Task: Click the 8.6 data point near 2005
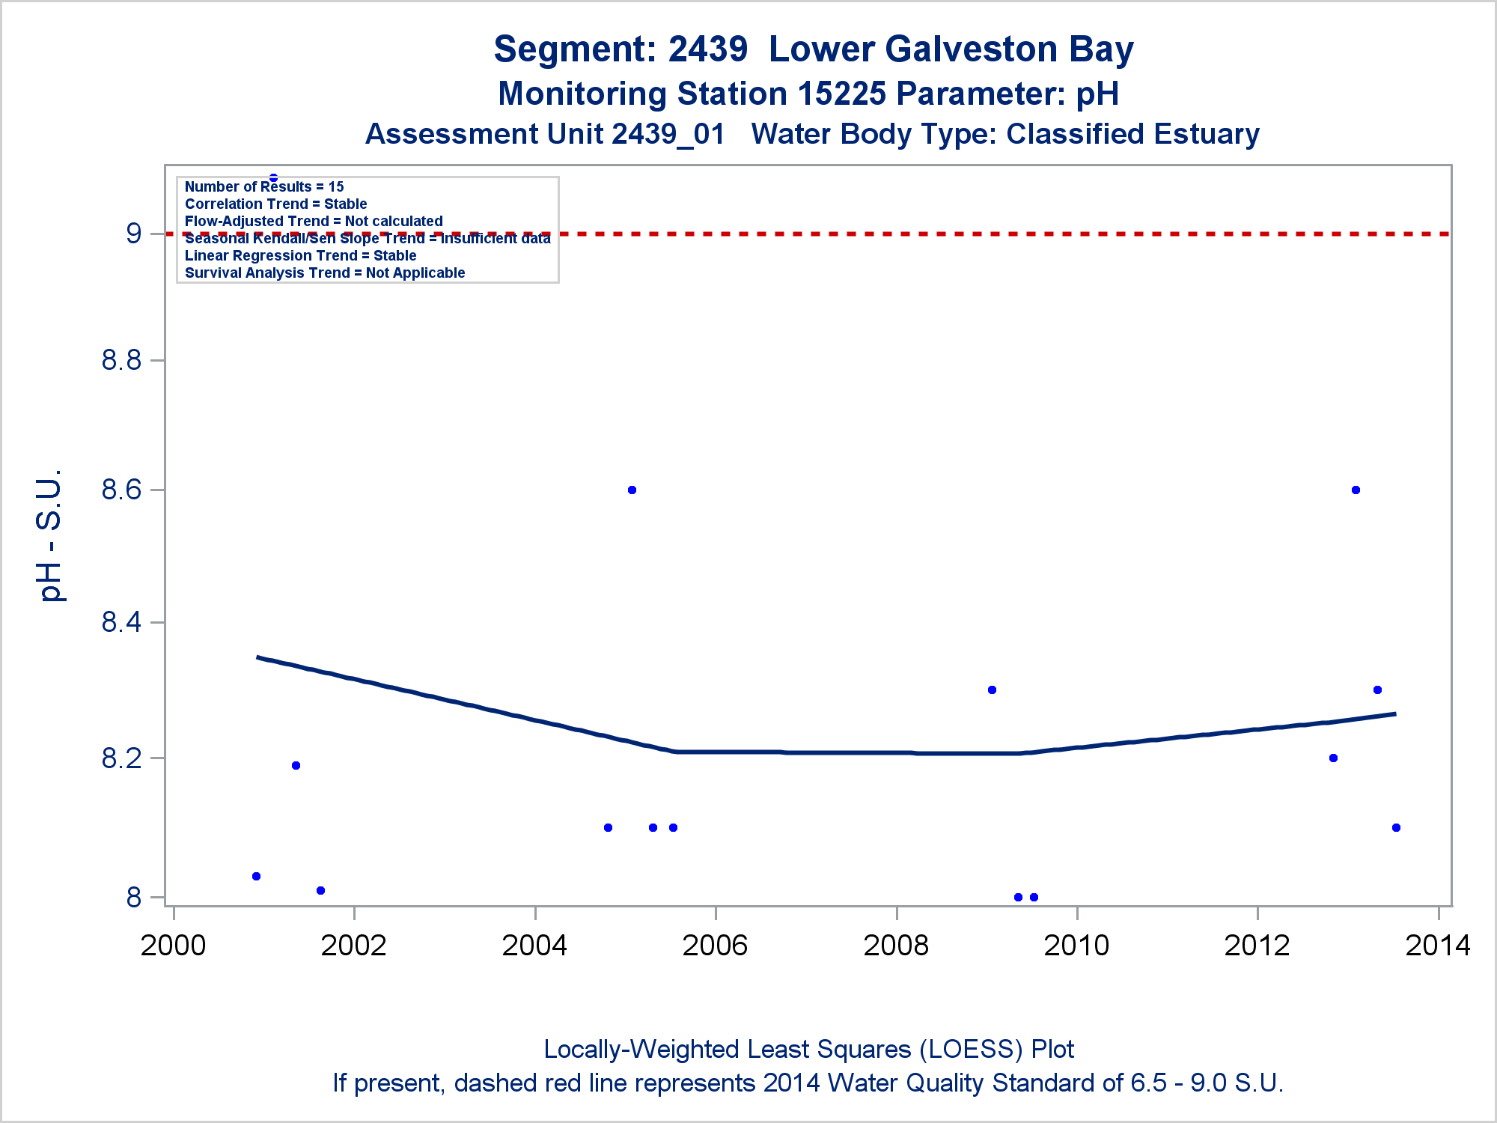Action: point(632,490)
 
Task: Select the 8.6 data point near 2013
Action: point(1356,490)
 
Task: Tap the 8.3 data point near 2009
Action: point(992,690)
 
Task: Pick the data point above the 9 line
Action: point(273,177)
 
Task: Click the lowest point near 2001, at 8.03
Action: point(256,876)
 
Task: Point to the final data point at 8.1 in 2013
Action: point(1396,827)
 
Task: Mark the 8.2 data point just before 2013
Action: point(1333,758)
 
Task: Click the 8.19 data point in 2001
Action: point(296,765)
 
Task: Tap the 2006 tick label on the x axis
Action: point(715,946)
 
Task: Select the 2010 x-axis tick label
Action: point(1076,946)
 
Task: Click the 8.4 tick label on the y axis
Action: point(121,622)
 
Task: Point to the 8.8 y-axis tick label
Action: point(121,361)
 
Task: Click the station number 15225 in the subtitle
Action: point(841,94)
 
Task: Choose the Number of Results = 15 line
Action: point(264,186)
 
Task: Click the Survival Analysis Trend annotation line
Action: point(325,273)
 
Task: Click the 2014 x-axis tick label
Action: point(1438,946)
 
